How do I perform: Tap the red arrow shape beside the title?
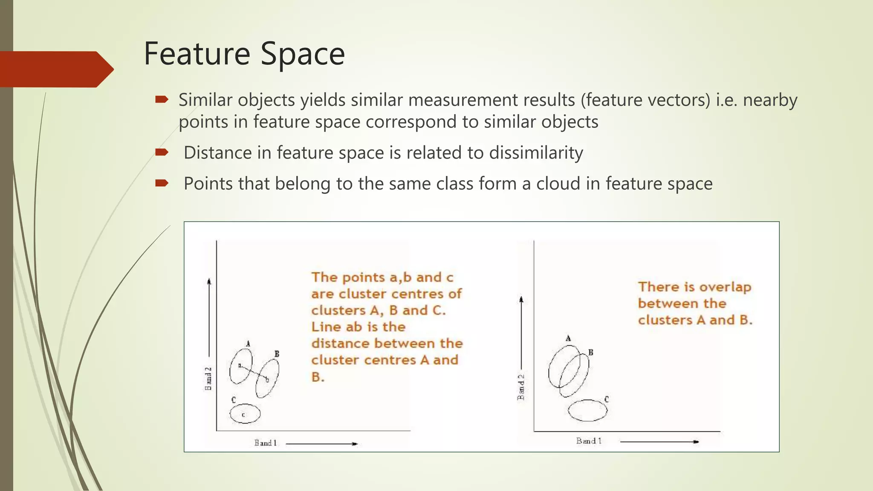(x=55, y=69)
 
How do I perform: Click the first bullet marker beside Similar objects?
(x=162, y=100)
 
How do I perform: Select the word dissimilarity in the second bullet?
(x=536, y=153)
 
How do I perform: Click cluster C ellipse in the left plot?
(x=245, y=413)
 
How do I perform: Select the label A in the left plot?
(x=248, y=344)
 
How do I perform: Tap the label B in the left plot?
(x=277, y=354)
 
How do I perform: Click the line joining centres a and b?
(x=254, y=372)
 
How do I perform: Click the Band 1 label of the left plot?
(x=266, y=443)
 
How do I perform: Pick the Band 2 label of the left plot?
(x=208, y=378)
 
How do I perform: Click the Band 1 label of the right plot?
(x=589, y=441)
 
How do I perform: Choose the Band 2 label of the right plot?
(x=521, y=387)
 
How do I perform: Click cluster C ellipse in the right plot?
(x=587, y=410)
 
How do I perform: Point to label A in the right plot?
(x=568, y=338)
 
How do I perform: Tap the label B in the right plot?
(x=591, y=352)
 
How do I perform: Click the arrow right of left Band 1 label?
(x=322, y=444)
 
